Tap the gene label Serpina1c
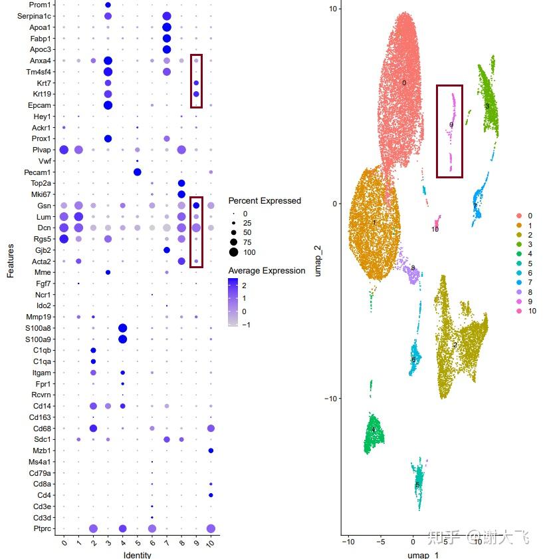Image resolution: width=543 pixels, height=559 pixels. click(34, 16)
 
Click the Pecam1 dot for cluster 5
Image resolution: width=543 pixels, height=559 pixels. click(137, 172)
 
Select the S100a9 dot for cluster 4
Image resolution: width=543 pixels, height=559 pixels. click(122, 339)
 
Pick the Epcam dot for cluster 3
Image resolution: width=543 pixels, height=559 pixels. click(108, 105)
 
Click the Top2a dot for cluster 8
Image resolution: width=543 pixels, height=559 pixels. click(181, 183)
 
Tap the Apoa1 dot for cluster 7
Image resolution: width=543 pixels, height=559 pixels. click(167, 27)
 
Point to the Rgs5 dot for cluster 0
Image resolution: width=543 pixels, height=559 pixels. click(64, 239)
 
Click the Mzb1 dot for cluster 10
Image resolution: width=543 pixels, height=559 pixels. click(211, 451)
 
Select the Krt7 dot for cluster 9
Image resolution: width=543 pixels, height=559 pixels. click(196, 83)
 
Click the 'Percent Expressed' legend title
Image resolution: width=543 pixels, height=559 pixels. click(265, 201)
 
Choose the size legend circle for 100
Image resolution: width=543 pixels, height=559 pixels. click(234, 252)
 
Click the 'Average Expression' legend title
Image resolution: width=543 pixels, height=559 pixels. click(267, 271)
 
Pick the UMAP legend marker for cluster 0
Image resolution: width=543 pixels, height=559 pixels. click(519, 216)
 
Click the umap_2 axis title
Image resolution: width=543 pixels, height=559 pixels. click(319, 262)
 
